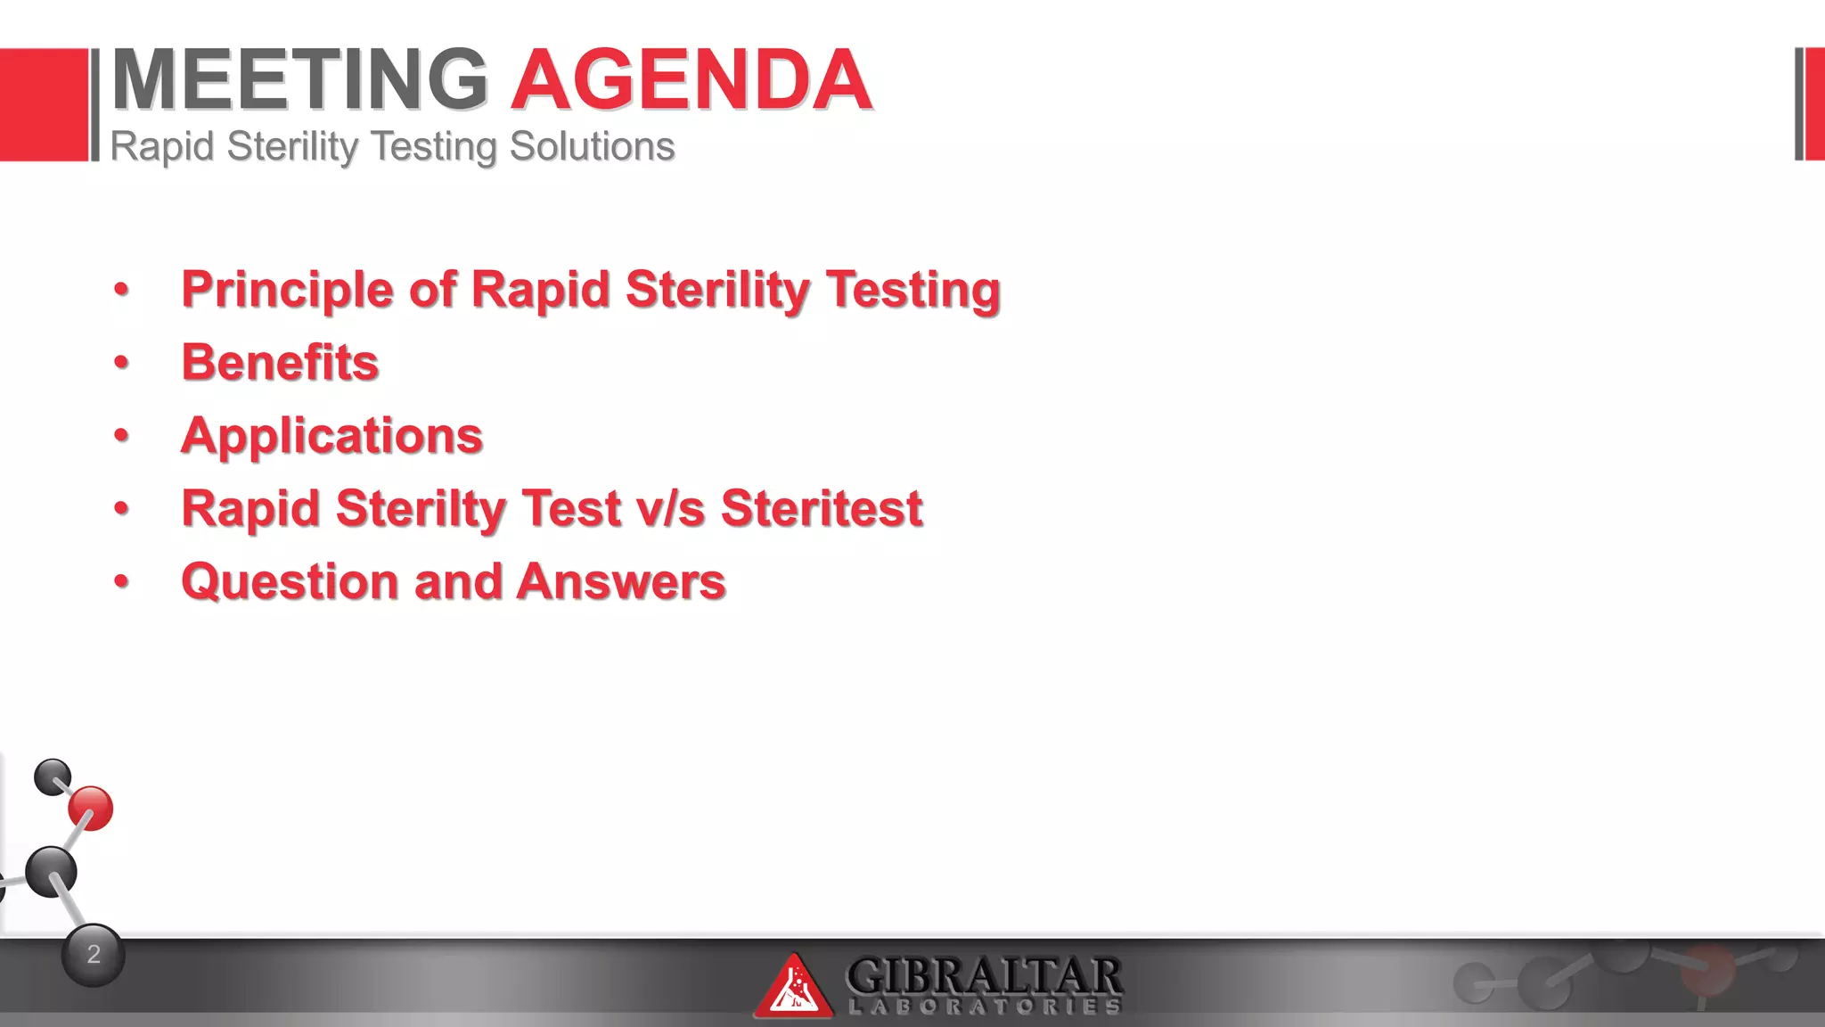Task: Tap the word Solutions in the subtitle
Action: coord(592,146)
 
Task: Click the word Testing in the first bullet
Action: coord(912,290)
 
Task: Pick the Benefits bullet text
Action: coord(280,363)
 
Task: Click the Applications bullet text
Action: coord(331,436)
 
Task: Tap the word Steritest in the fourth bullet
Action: coord(821,509)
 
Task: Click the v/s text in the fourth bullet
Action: coord(670,509)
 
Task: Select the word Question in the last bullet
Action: coord(289,582)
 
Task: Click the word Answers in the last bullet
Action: coord(620,582)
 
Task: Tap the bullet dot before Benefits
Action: coord(122,363)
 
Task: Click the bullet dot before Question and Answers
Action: coord(122,582)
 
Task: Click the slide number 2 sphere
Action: coord(94,955)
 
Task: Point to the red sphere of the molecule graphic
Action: coord(91,809)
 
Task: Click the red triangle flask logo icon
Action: coord(792,988)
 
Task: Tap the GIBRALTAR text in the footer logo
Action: coord(984,975)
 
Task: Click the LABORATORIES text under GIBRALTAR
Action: coord(984,1007)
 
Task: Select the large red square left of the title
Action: coord(44,104)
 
